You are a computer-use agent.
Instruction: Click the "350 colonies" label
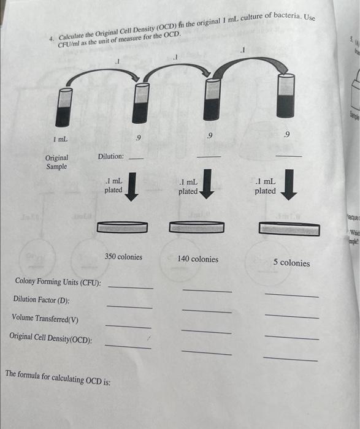(123, 257)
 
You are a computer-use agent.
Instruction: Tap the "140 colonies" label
(197, 259)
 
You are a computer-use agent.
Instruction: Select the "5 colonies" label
(291, 263)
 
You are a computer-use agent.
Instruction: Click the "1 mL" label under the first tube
(60, 139)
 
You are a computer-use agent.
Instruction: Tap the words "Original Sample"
(56, 162)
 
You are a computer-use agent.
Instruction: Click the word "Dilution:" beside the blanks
(110, 156)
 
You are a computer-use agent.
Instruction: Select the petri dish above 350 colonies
(122, 228)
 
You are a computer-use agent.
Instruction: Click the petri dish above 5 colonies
(289, 230)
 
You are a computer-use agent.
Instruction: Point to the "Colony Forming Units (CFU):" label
(57, 282)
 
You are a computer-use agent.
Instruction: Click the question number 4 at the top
(52, 37)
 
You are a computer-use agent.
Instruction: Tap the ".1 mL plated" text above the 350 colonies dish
(113, 185)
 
